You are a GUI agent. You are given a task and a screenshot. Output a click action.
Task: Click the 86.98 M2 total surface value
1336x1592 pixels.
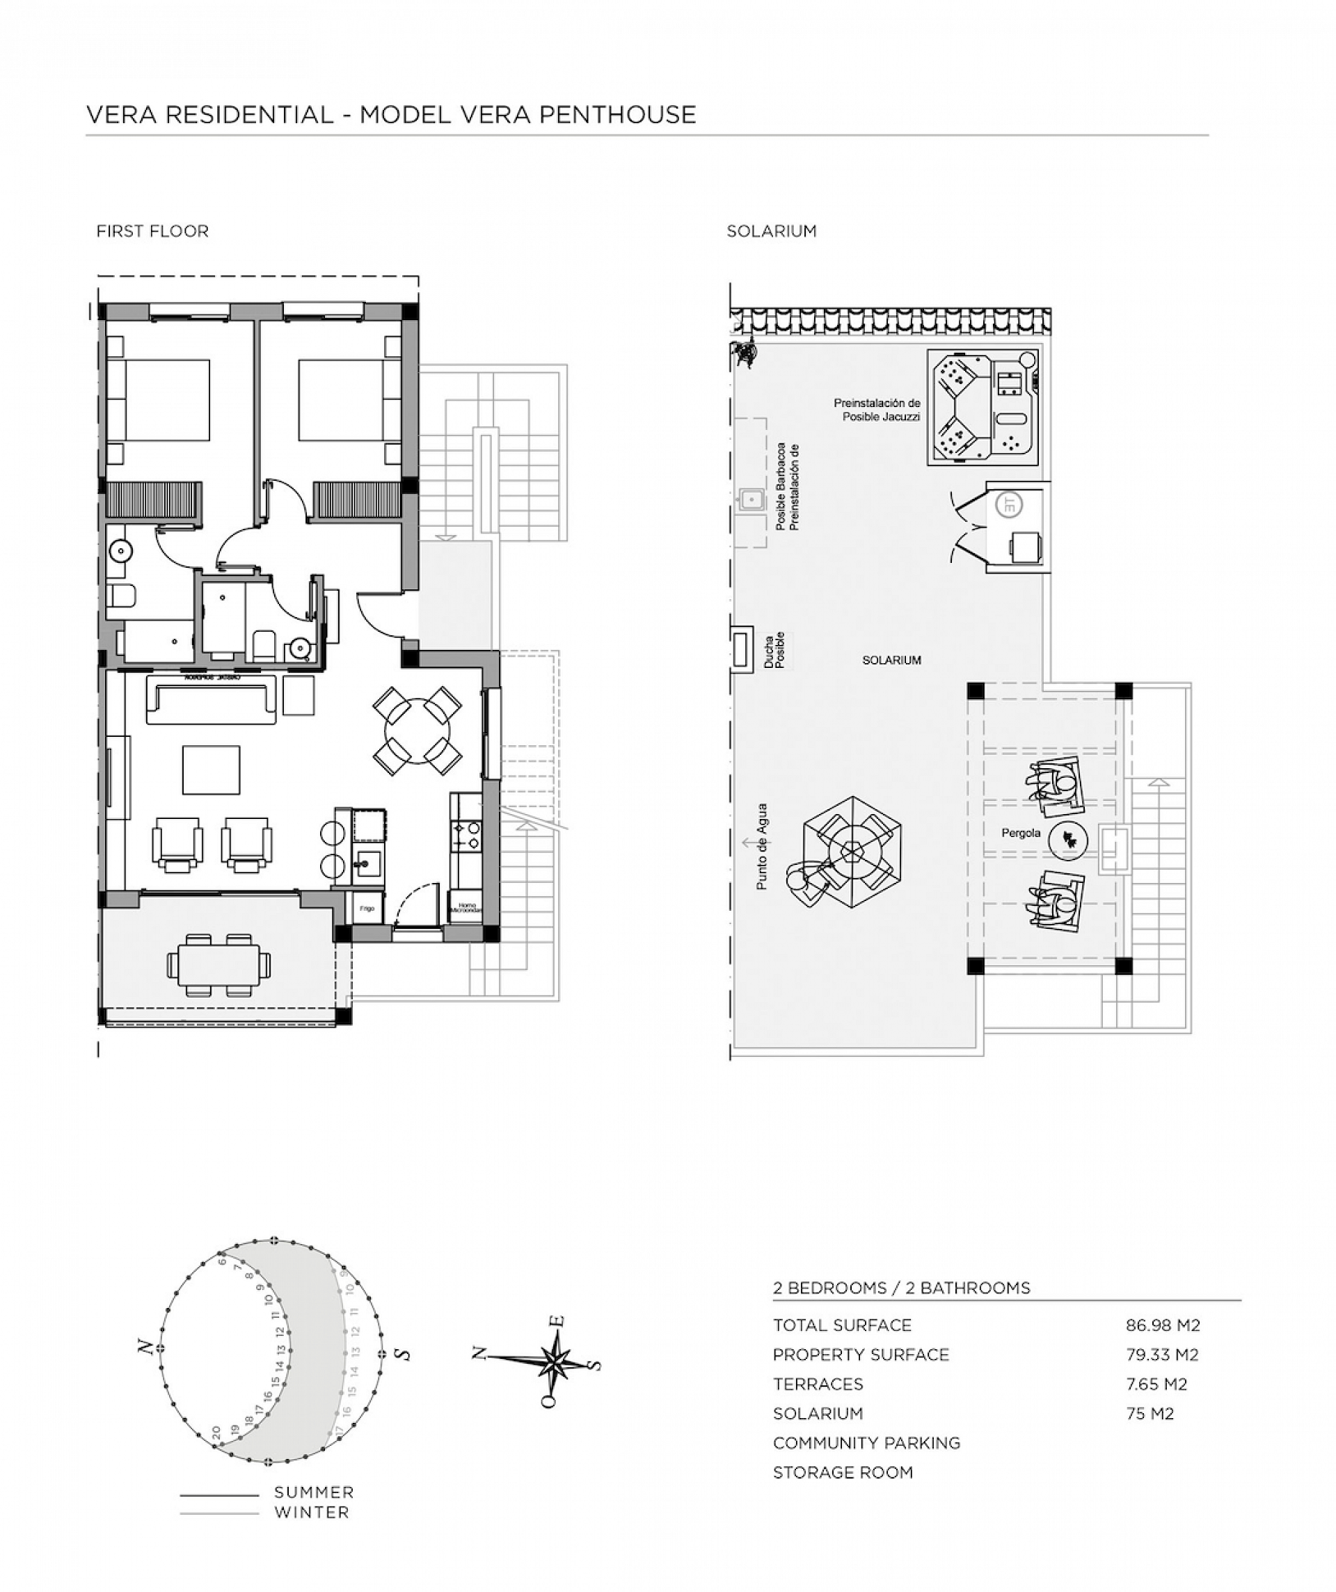coord(1162,1325)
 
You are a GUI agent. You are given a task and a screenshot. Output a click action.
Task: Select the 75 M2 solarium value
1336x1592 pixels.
coord(1150,1413)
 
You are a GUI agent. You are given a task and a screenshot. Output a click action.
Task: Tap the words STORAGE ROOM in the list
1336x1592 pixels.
coord(843,1472)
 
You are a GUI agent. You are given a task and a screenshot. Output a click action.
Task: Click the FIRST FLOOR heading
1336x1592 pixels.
coord(152,231)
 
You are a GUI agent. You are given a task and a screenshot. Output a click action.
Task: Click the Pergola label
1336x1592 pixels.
coord(1021,833)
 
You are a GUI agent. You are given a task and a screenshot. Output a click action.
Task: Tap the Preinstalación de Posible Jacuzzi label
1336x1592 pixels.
coord(877,410)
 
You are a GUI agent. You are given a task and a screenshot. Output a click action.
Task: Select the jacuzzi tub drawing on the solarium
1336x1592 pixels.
coord(983,407)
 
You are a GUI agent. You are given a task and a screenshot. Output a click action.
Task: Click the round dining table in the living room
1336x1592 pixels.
coord(417,731)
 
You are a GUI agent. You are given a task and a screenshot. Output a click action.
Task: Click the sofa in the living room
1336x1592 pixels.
coord(212,702)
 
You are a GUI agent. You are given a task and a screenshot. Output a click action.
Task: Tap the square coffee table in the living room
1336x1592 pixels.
coord(211,770)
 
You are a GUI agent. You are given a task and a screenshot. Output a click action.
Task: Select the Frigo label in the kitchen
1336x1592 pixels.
coord(367,908)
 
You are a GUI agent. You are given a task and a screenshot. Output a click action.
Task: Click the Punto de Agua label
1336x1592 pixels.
coord(762,847)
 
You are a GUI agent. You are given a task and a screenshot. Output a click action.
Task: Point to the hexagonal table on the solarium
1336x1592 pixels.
coord(852,852)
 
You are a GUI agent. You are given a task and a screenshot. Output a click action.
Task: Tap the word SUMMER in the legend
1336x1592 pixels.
coord(314,1492)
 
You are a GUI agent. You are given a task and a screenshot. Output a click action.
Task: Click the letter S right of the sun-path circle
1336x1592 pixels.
coord(405,1354)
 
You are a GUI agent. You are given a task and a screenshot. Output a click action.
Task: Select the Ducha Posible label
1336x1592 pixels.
coord(775,651)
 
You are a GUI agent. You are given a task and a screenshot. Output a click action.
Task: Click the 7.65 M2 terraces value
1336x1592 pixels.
coord(1156,1383)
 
